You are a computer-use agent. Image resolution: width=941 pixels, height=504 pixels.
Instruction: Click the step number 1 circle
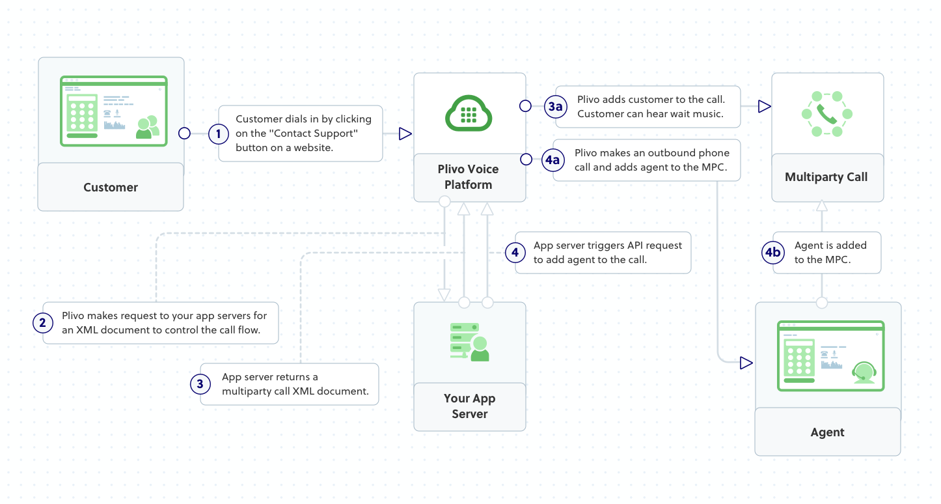[219, 134]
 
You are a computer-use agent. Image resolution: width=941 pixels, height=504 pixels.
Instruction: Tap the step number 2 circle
[42, 322]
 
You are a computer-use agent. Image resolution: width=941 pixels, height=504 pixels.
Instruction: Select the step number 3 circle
[200, 384]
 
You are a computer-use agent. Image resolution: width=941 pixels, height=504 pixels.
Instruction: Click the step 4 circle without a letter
[515, 252]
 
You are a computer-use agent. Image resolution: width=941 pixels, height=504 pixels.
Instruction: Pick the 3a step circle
[554, 106]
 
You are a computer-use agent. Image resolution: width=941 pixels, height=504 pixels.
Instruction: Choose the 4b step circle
[772, 253]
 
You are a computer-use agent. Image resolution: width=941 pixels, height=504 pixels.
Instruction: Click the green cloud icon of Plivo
[469, 113]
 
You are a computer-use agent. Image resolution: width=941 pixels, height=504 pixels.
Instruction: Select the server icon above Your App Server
[469, 342]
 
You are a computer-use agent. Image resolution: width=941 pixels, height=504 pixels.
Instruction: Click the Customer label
[111, 188]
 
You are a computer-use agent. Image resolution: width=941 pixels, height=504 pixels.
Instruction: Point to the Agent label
[827, 432]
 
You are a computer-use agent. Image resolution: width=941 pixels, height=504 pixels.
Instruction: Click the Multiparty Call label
[826, 177]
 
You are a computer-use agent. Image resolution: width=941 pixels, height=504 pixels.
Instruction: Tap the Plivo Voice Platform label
[468, 176]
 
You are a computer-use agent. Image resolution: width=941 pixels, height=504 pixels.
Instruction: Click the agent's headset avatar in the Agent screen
[863, 371]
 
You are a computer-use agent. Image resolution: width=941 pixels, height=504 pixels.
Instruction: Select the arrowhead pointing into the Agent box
[746, 363]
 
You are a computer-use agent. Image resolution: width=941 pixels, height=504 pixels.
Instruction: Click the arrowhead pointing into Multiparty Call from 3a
[764, 106]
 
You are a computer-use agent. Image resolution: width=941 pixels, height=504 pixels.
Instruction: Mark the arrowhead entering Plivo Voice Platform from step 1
[405, 134]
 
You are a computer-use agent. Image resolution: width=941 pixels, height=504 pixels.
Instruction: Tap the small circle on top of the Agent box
[822, 303]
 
